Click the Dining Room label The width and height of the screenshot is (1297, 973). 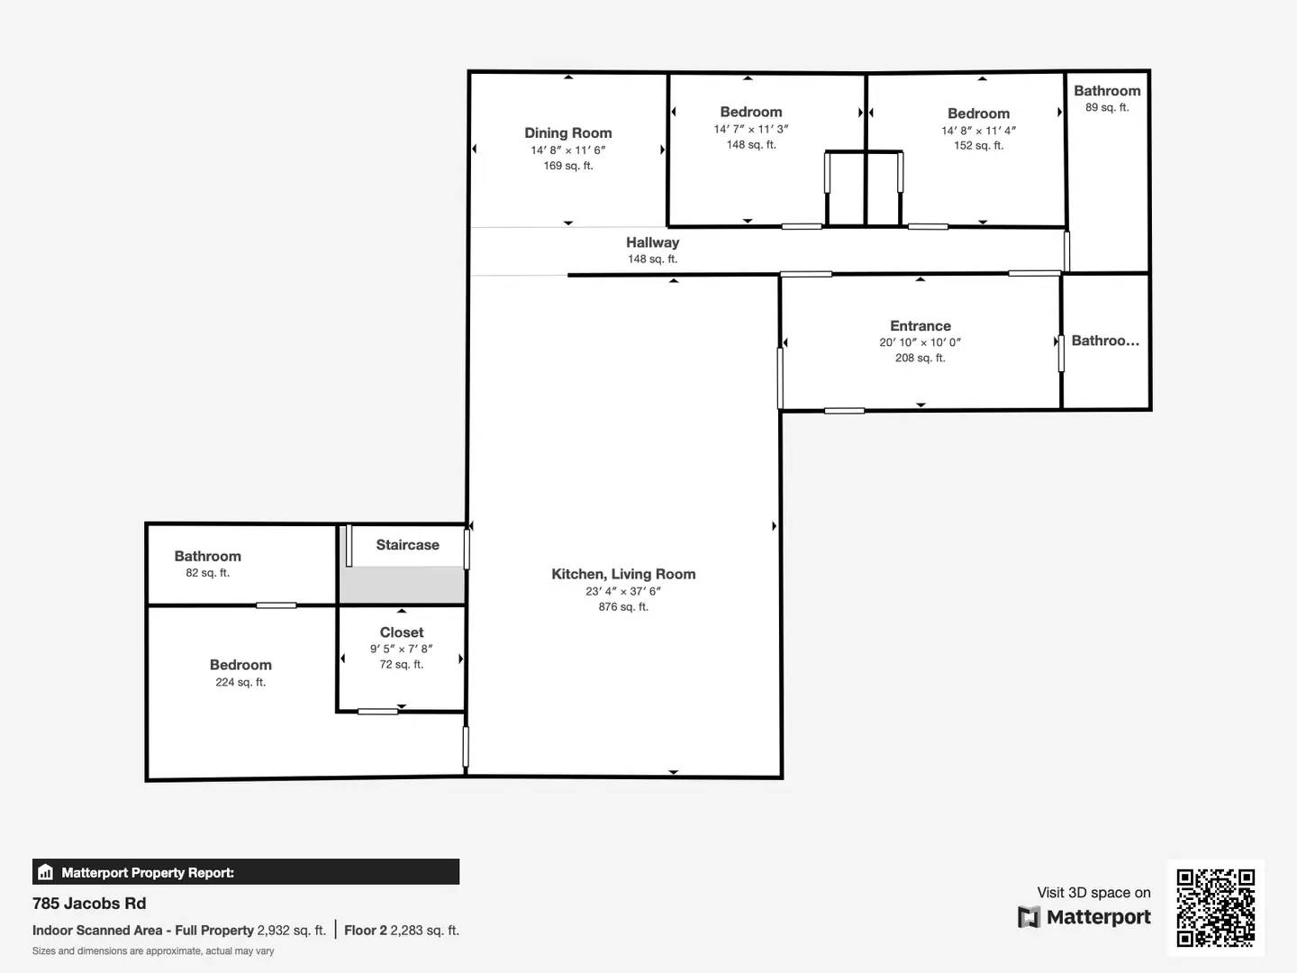click(x=567, y=133)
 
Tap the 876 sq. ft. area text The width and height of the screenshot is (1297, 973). click(x=622, y=607)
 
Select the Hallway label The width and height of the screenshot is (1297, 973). click(x=652, y=242)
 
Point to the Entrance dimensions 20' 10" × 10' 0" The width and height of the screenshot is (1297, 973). click(x=920, y=342)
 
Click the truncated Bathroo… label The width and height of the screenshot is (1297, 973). click(x=1105, y=341)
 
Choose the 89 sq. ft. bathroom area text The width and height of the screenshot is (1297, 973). click(x=1106, y=108)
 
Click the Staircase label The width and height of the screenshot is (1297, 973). click(x=407, y=545)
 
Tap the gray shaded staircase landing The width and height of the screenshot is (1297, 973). click(x=402, y=585)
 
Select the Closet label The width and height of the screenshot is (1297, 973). click(x=401, y=632)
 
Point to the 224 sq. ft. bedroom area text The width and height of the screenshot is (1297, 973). click(x=240, y=683)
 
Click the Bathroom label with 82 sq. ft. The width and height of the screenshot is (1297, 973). click(x=207, y=557)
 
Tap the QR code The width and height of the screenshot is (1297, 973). click(x=1215, y=908)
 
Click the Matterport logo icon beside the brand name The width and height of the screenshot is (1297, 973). click(x=1029, y=917)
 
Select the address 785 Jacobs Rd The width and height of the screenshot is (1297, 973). click(x=89, y=904)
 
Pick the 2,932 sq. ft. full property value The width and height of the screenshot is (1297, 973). click(x=291, y=931)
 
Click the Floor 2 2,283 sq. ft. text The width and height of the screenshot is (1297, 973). click(x=402, y=931)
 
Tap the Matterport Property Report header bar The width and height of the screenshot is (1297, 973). click(x=245, y=872)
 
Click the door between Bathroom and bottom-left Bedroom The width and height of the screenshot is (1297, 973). click(x=276, y=605)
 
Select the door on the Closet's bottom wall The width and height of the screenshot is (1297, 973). click(x=377, y=712)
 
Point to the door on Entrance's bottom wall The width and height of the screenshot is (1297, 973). click(x=844, y=411)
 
